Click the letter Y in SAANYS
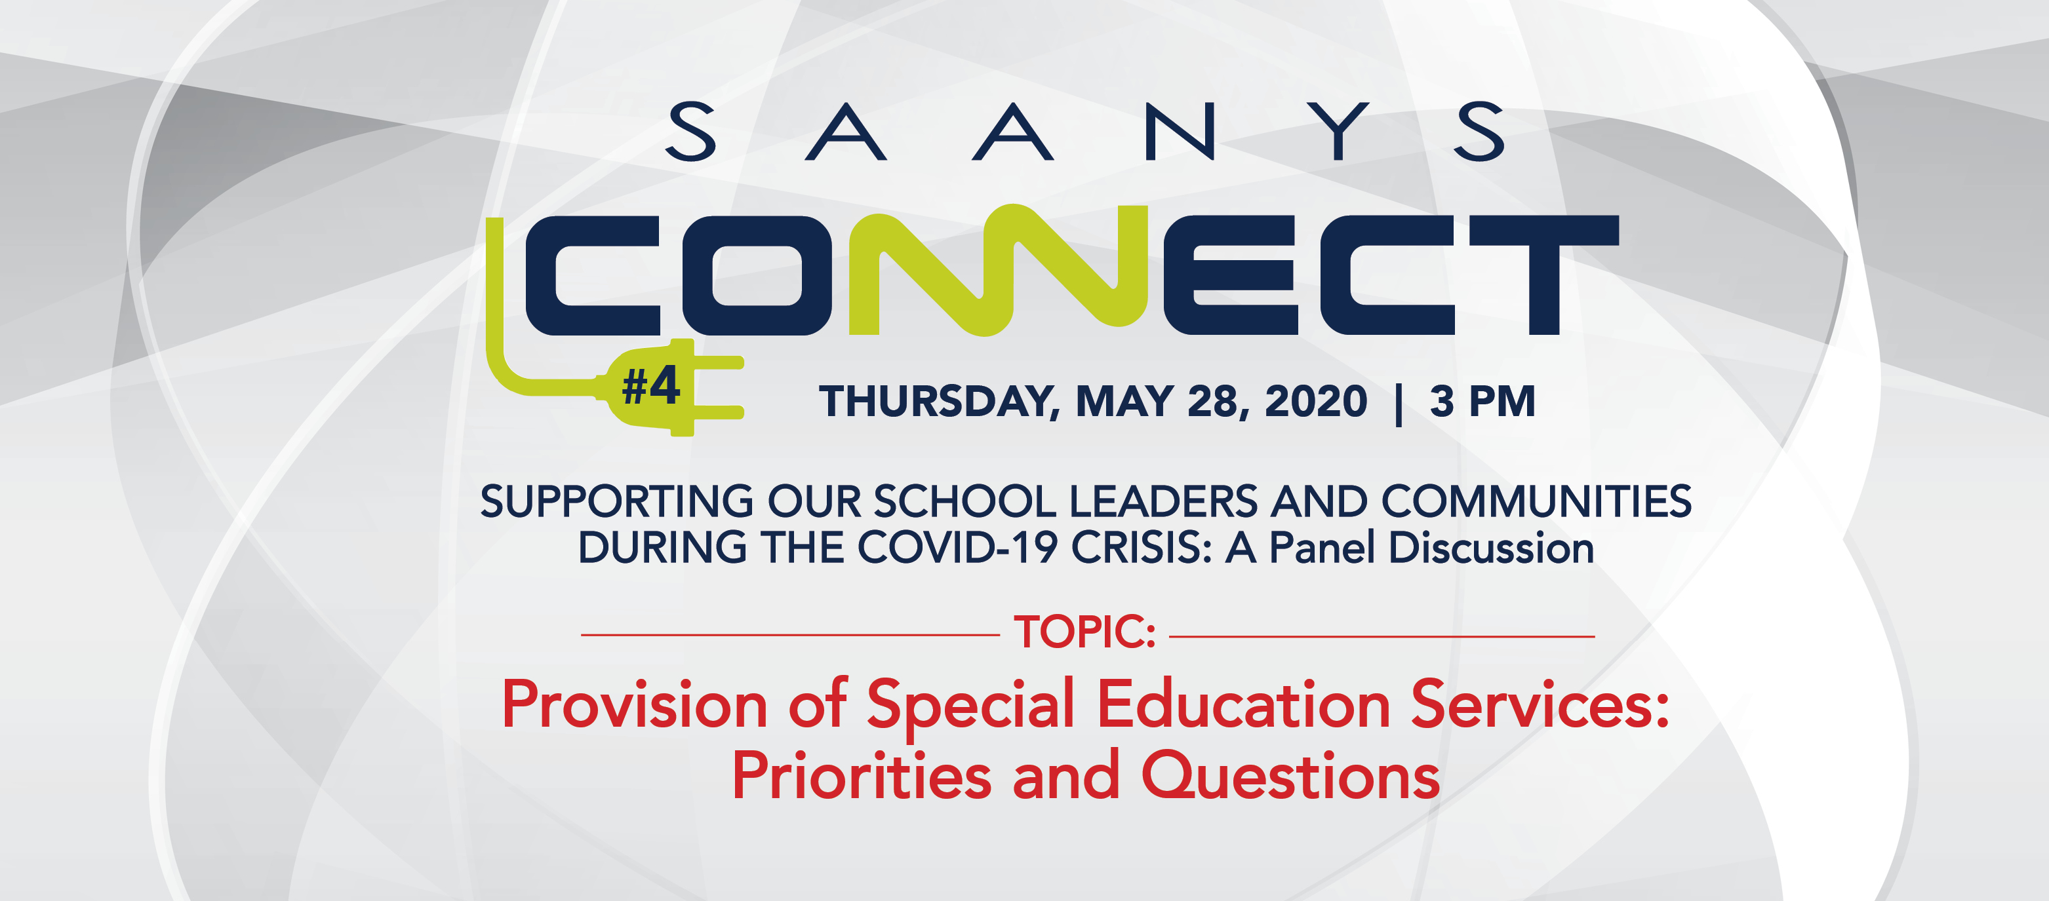[x=1340, y=131]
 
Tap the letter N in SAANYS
[x=1180, y=131]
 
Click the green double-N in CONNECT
[x=998, y=271]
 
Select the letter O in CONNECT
[x=757, y=275]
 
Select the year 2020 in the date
[x=1316, y=401]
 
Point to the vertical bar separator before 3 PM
[x=1399, y=404]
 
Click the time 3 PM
[x=1482, y=401]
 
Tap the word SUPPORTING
[x=616, y=502]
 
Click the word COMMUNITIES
[x=1536, y=501]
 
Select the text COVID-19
[x=957, y=548]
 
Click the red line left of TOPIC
[x=790, y=634]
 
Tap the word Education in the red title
[x=1243, y=704]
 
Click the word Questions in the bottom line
[x=1291, y=776]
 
